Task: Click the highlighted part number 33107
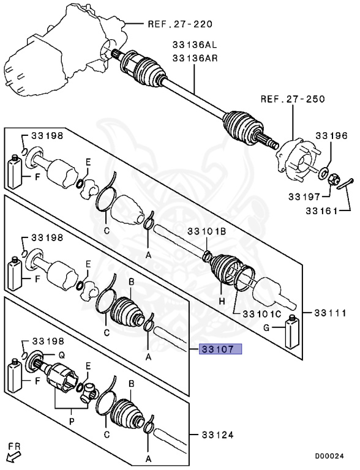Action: [x=221, y=349]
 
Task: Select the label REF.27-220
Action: [x=179, y=24]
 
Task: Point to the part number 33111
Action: [x=329, y=312]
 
